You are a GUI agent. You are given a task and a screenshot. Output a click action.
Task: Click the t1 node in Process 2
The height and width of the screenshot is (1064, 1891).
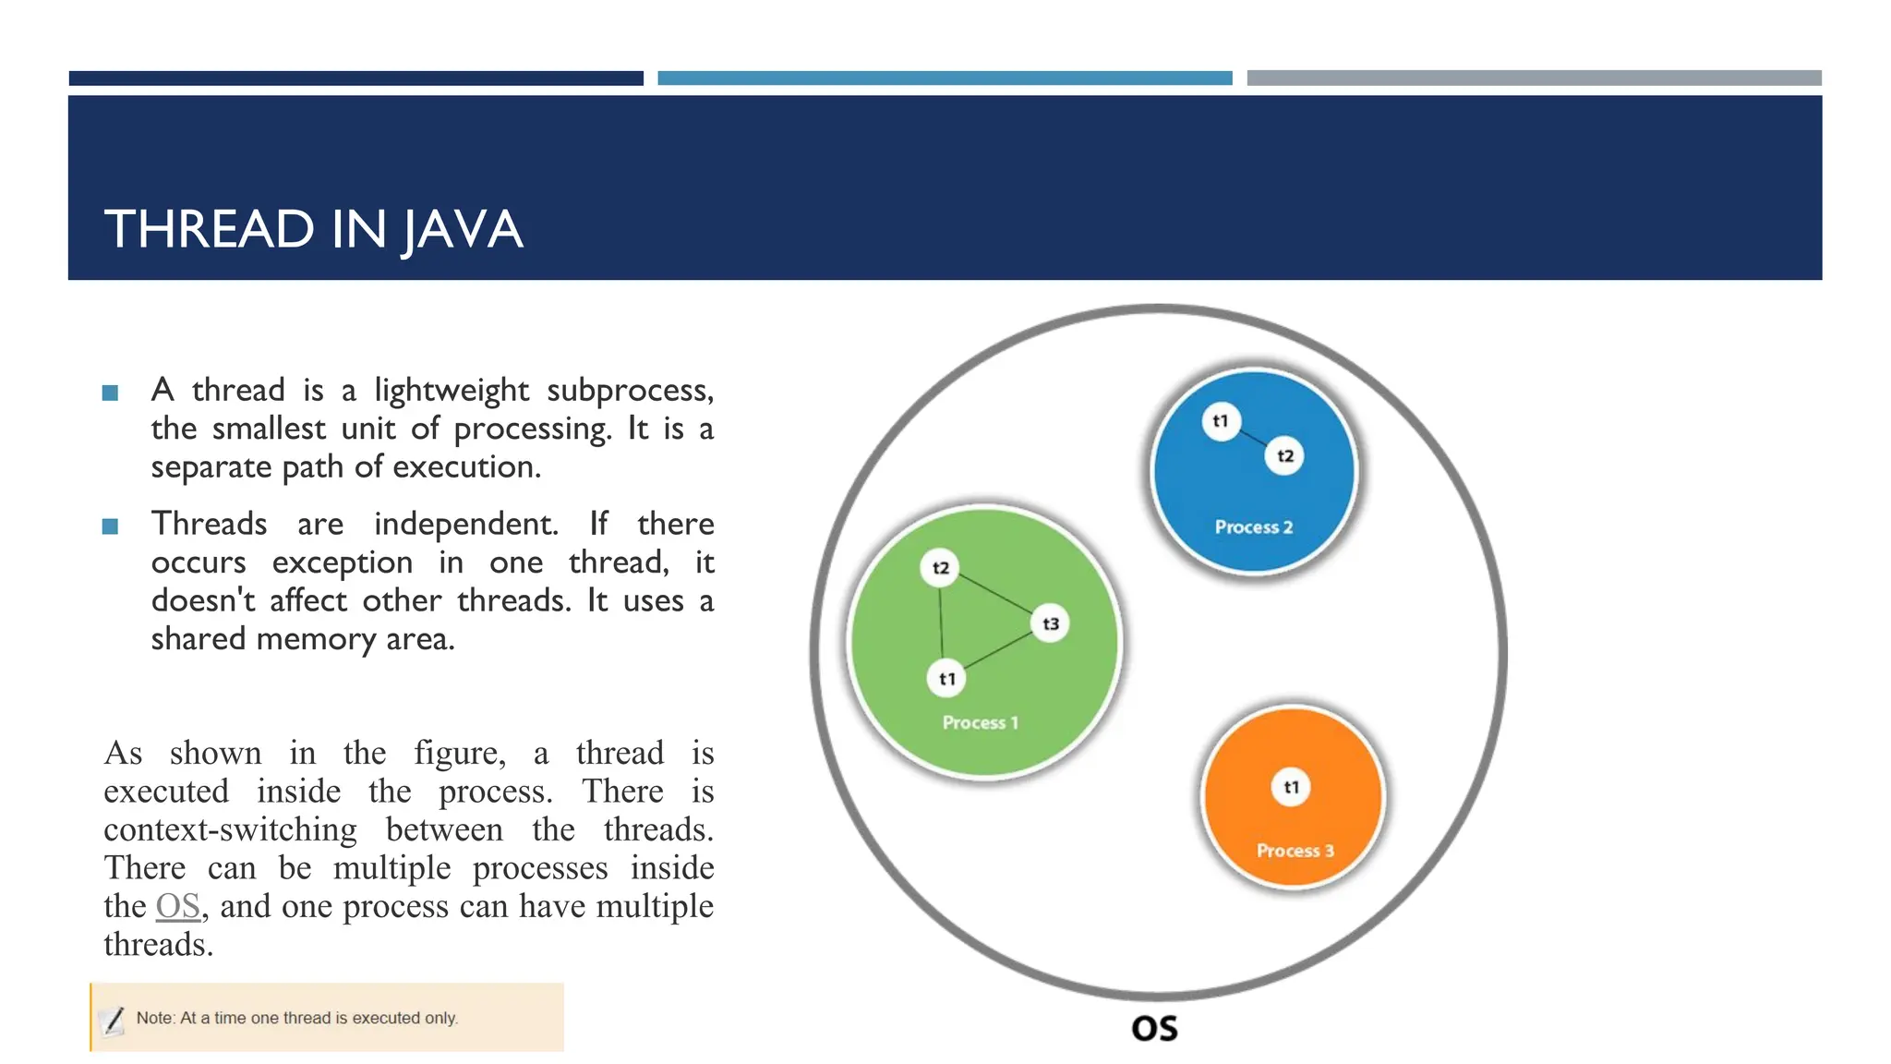[1221, 422]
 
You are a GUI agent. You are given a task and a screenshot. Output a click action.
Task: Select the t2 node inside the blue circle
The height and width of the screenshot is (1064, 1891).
[1284, 456]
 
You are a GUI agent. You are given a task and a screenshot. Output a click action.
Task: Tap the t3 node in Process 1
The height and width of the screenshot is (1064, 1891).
[1050, 624]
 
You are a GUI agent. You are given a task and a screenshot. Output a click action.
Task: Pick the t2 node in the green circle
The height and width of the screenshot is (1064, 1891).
[940, 568]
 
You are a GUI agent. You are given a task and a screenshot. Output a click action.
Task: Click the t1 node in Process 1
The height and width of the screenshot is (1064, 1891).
[946, 680]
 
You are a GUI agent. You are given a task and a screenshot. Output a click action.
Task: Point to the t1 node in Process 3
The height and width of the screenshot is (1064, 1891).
[1291, 788]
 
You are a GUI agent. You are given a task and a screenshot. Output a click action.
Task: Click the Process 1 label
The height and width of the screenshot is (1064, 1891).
[980, 723]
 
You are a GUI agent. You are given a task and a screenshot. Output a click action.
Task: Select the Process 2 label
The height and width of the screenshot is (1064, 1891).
[1253, 527]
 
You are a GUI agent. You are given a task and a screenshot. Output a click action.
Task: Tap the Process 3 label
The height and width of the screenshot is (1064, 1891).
[1295, 851]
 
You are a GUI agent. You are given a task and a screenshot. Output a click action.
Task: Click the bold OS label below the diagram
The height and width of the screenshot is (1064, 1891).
[1154, 1029]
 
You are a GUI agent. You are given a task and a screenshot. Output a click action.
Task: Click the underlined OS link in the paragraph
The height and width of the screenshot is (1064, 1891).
[177, 907]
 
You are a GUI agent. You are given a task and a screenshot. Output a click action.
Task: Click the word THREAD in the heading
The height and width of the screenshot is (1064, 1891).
[210, 230]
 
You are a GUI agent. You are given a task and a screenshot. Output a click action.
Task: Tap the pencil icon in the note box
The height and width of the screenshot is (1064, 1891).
[113, 1020]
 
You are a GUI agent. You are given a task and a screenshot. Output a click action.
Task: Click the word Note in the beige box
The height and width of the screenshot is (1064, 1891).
[154, 1018]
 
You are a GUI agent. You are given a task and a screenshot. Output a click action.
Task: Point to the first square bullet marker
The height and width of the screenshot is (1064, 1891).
[110, 393]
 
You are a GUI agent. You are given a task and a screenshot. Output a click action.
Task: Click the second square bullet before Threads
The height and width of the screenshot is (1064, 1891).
[110, 526]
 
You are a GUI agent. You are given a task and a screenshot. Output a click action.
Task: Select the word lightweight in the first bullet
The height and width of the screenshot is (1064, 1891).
[451, 391]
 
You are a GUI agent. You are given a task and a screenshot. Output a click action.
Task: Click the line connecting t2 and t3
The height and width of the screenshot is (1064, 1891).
[994, 594]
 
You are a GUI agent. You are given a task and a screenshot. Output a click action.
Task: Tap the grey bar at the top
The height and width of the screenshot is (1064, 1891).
[1533, 79]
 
